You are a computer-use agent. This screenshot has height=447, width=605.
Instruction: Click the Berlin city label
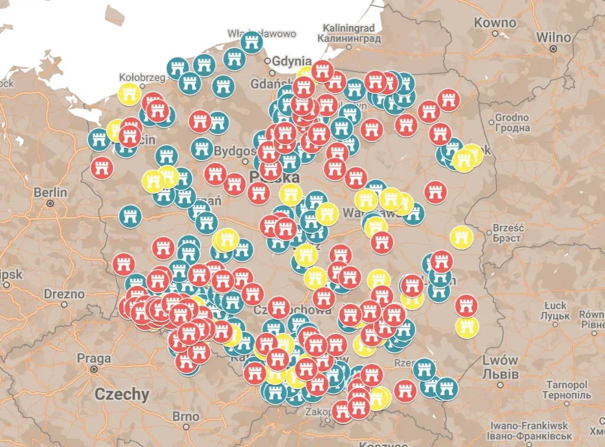[50, 192]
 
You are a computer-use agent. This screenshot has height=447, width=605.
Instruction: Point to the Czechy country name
[122, 394]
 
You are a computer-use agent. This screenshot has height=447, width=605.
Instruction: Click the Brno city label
[186, 416]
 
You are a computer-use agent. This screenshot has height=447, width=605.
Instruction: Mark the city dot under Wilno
[553, 48]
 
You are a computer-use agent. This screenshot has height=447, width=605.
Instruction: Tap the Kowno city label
[495, 22]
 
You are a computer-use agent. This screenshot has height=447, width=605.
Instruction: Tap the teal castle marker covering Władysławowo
[251, 43]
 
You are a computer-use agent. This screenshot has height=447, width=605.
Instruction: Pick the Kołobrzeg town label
[142, 77]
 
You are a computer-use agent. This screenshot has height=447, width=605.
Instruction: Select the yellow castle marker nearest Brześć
[461, 237]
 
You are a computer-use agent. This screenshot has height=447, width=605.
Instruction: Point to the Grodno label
[512, 117]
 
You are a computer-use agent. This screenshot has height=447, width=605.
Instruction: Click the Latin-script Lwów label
[500, 360]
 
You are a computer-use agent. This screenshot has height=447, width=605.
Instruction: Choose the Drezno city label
[64, 294]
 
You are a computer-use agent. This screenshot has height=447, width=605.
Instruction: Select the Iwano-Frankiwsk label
[531, 426]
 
